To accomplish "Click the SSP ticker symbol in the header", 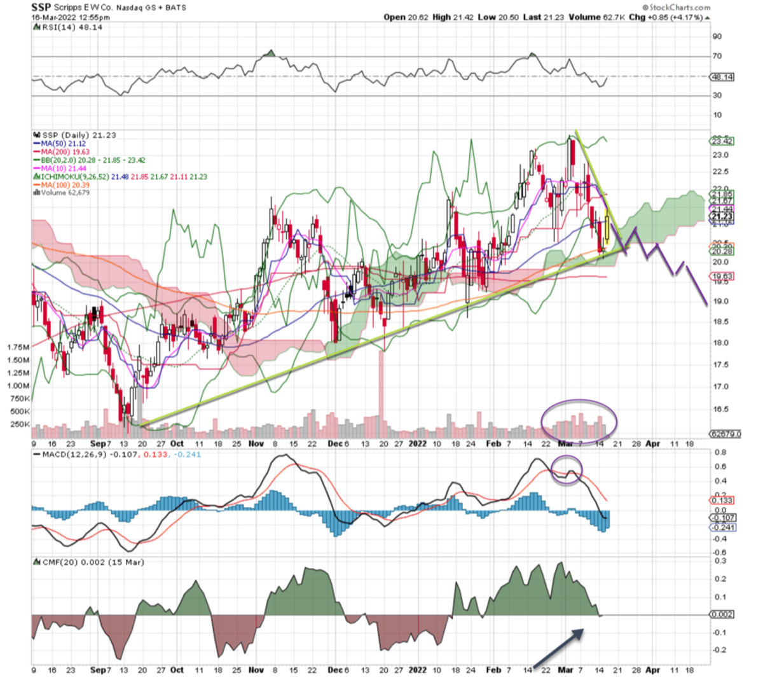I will [x=42, y=8].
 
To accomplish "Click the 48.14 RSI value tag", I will [x=723, y=77].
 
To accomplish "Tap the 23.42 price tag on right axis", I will [x=722, y=141].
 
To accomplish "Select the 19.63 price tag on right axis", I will [x=723, y=277].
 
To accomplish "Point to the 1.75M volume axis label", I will [x=18, y=347].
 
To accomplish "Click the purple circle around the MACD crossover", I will [x=567, y=471].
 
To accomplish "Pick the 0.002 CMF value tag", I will [x=723, y=614].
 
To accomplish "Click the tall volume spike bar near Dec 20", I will [x=381, y=394].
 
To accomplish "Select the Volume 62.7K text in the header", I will [x=594, y=17].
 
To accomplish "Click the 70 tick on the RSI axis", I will [x=717, y=57].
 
